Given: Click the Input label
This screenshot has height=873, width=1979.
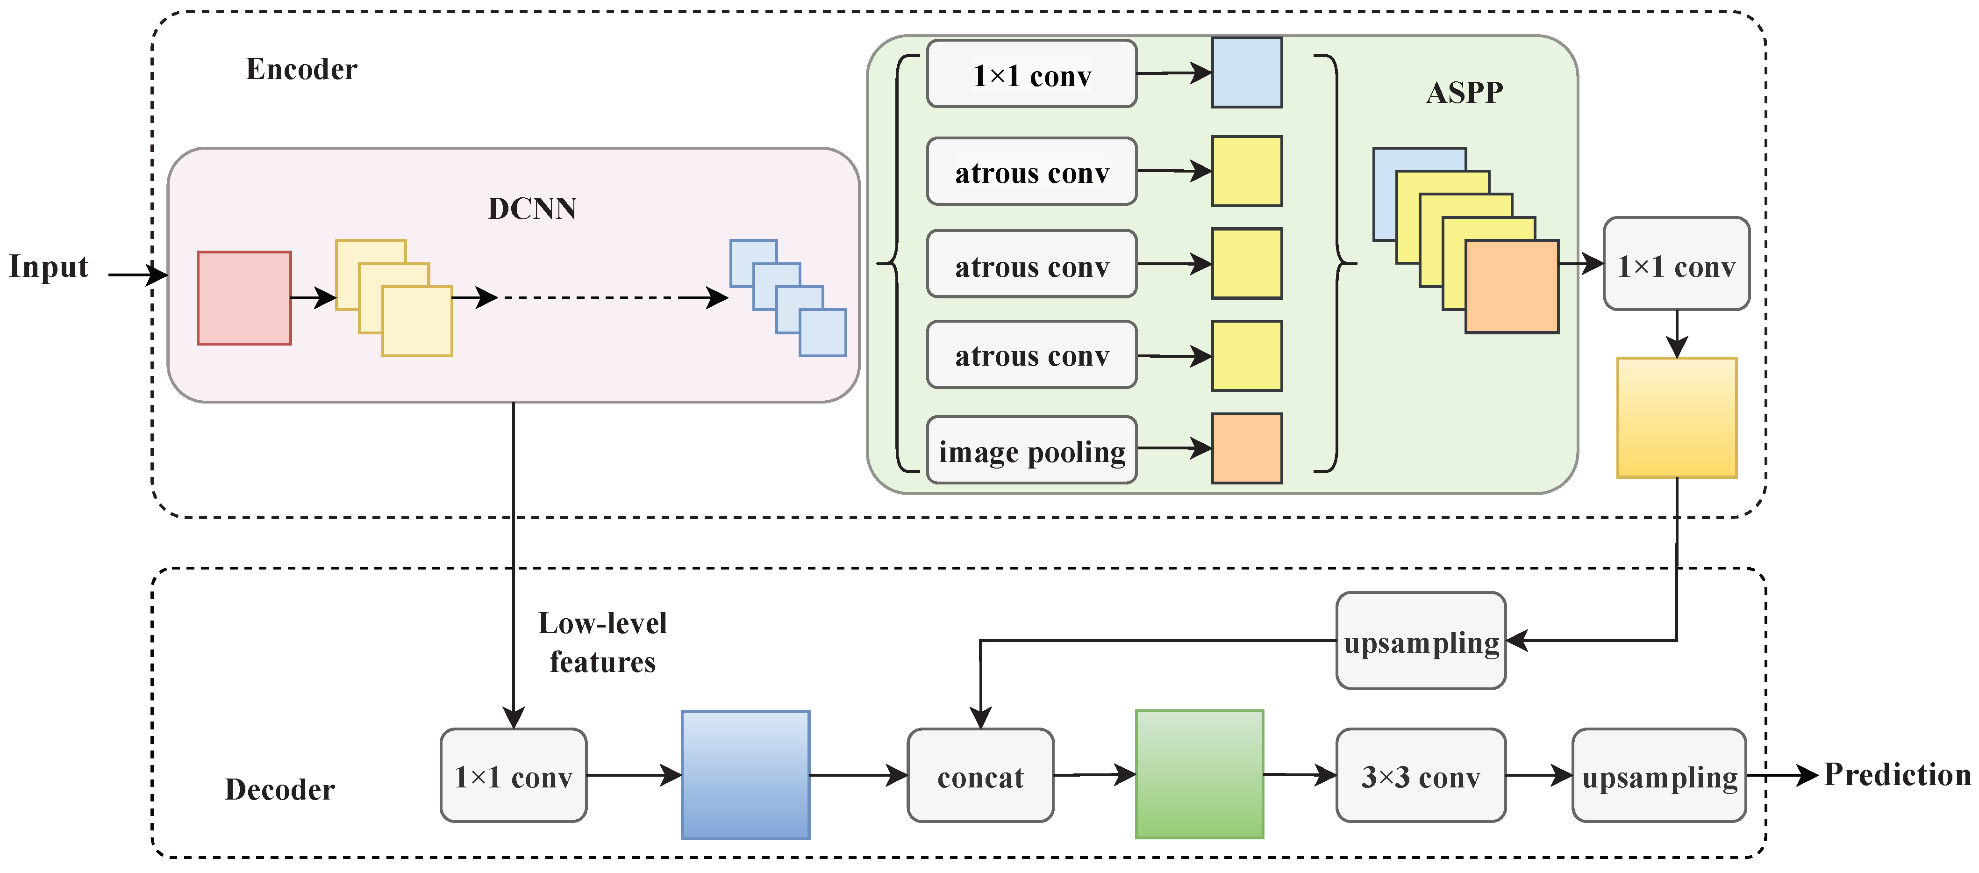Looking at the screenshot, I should click(49, 267).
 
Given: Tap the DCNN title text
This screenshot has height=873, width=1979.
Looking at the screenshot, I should click(532, 208).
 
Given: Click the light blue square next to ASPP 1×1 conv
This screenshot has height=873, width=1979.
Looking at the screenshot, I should click(1246, 73).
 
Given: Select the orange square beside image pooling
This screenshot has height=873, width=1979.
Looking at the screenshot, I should click(1246, 448).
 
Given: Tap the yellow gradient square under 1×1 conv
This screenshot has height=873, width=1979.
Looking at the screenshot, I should click(1676, 417).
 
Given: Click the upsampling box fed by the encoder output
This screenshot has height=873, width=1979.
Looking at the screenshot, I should click(1421, 641).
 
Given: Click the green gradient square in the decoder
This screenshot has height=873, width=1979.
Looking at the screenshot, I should click(1199, 774).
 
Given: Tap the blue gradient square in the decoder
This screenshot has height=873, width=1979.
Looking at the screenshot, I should click(745, 775).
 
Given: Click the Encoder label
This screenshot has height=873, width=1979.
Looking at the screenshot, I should click(301, 69).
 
